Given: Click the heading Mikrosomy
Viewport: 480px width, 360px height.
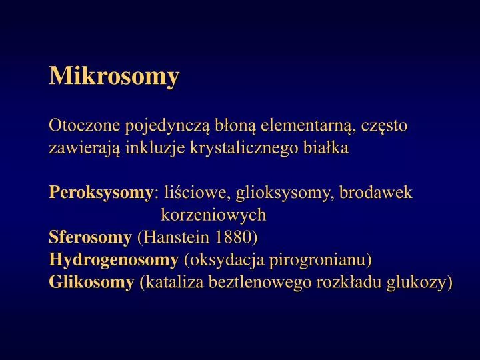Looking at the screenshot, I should (x=114, y=75).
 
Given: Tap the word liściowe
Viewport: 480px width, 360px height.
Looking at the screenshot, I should (x=193, y=193).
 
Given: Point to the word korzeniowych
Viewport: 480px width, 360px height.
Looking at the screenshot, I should (x=213, y=215).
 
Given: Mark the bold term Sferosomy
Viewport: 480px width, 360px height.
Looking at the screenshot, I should (x=90, y=237).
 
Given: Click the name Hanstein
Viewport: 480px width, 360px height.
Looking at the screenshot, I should (x=173, y=237).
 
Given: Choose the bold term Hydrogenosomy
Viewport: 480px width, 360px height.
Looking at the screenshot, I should (x=113, y=260).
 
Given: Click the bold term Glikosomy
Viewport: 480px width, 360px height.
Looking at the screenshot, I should (x=91, y=282).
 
